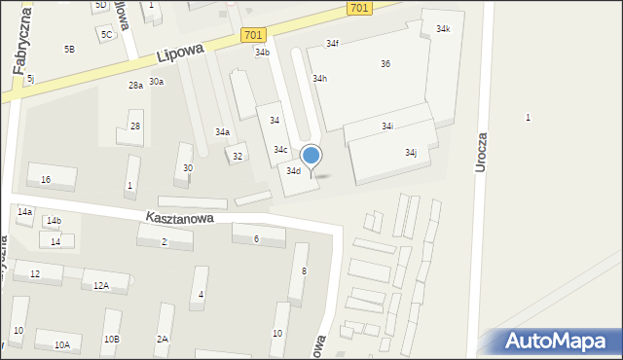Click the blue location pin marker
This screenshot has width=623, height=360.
pyautogui.click(x=311, y=157)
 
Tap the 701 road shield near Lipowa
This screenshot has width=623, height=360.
pyautogui.click(x=253, y=35)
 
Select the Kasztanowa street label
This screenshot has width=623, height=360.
pyautogui.click(x=180, y=219)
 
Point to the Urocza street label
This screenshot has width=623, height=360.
pyautogui.click(x=480, y=152)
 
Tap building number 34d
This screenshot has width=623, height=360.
pyautogui.click(x=293, y=171)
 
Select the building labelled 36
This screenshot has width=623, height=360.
pyautogui.click(x=385, y=64)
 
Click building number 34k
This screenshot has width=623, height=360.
pyautogui.click(x=443, y=29)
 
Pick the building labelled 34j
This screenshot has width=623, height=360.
pyautogui.click(x=411, y=153)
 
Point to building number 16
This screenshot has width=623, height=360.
pyautogui.click(x=46, y=180)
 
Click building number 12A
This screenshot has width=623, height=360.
pyautogui.click(x=100, y=285)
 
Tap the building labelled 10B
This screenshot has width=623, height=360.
pyautogui.click(x=112, y=339)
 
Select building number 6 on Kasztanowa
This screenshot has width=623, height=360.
pyautogui.click(x=256, y=239)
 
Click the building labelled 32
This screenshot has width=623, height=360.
pyautogui.click(x=237, y=156)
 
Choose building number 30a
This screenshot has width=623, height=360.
pyautogui.click(x=156, y=83)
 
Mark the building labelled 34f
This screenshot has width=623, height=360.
pyautogui.click(x=332, y=44)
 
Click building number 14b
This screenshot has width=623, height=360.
pyautogui.click(x=54, y=221)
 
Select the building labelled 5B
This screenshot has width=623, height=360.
pyautogui.click(x=69, y=49)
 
